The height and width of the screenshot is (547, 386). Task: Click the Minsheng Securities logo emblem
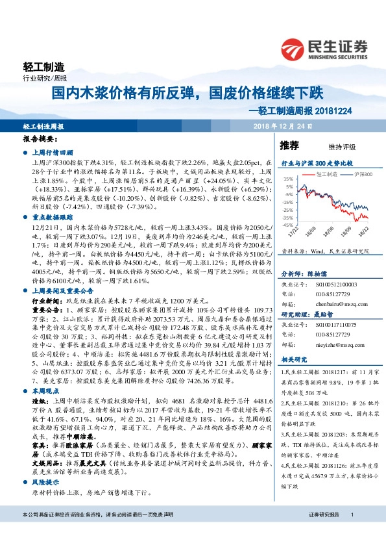[295, 47]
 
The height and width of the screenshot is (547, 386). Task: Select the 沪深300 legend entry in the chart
[362, 175]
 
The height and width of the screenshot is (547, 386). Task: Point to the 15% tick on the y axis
[288, 177]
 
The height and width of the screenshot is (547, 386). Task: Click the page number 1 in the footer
[352, 533]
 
